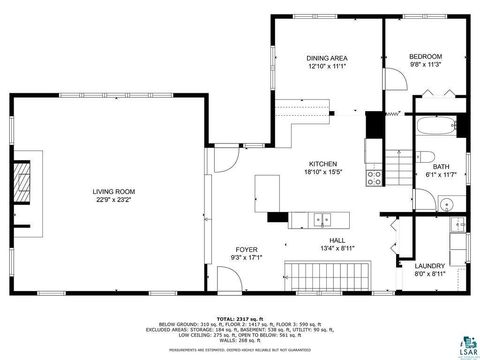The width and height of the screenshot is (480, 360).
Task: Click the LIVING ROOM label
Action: [114, 191]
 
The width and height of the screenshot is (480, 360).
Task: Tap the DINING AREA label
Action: [326, 58]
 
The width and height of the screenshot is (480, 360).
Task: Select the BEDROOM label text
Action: [423, 58]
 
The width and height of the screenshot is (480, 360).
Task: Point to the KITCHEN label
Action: [322, 164]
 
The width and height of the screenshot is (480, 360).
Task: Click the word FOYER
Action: [246, 249]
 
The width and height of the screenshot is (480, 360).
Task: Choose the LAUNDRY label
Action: [429, 265]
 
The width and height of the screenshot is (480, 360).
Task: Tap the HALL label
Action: [332, 241]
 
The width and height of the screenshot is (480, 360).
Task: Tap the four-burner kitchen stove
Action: [374, 178]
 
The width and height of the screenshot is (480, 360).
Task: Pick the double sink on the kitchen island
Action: [321, 219]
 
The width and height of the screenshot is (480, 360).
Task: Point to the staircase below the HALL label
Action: [327, 273]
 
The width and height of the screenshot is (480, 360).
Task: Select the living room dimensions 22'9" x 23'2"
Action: [114, 199]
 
